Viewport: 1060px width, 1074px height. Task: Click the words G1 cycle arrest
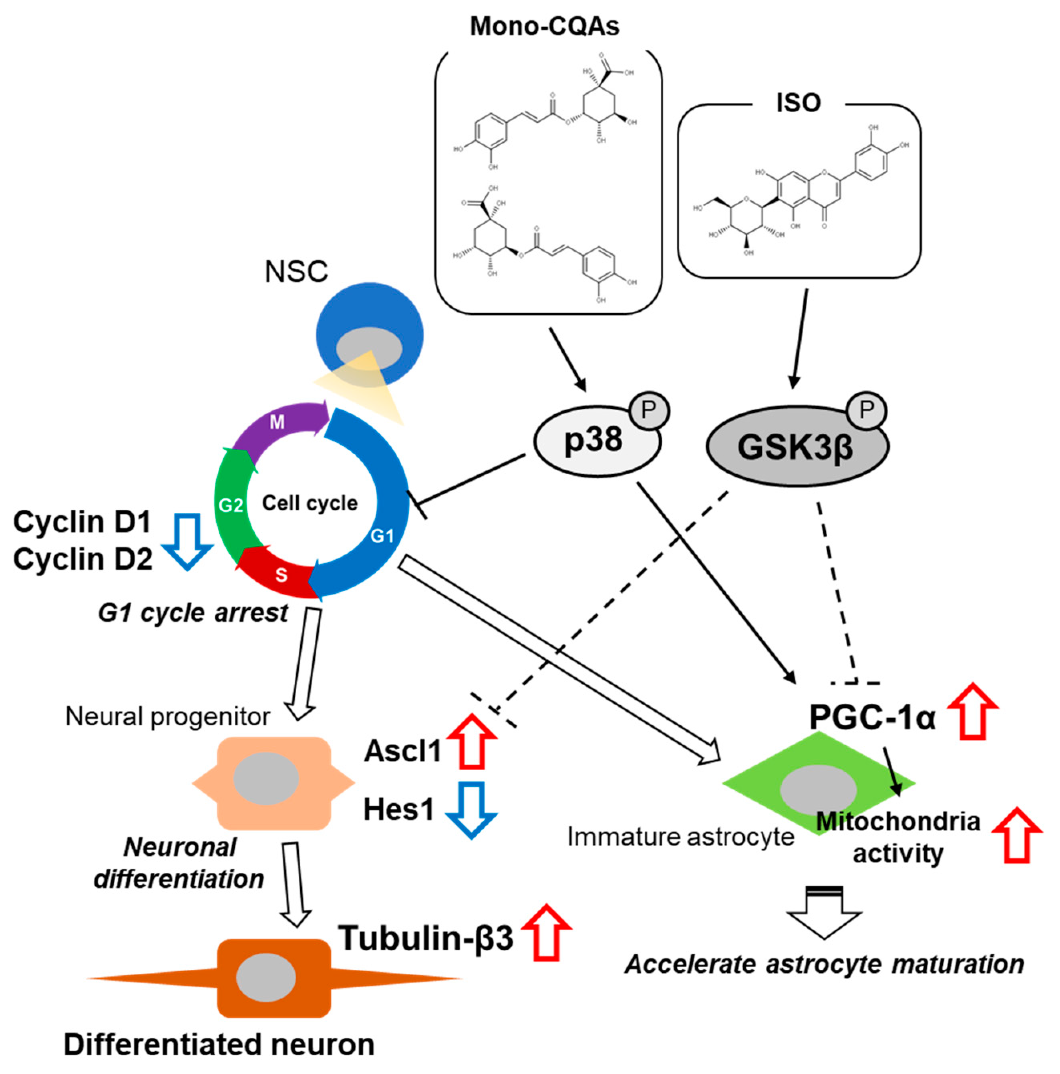(193, 613)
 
